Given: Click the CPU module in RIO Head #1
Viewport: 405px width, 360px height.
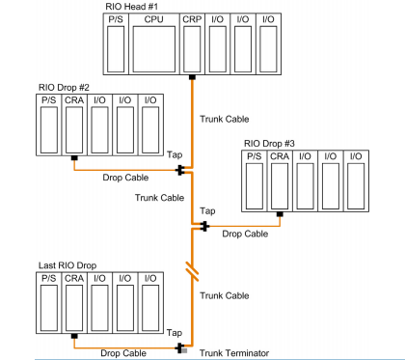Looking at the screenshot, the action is pyautogui.click(x=154, y=44).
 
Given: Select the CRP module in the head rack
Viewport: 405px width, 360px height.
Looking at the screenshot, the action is pyautogui.click(x=192, y=44).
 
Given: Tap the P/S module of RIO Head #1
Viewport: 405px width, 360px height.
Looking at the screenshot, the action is pyautogui.click(x=116, y=44).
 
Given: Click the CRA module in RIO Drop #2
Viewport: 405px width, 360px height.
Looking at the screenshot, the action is pyautogui.click(x=74, y=125).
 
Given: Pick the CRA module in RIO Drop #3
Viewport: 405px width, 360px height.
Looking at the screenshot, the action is pyautogui.click(x=280, y=181).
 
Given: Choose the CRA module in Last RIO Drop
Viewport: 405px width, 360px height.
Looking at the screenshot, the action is pyautogui.click(x=74, y=303).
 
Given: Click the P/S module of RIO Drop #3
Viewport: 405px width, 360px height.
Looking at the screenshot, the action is pyautogui.click(x=255, y=181).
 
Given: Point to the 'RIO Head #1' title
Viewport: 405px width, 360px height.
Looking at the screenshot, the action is pyautogui.click(x=131, y=7).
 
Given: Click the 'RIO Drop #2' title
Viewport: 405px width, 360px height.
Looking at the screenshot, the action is pyautogui.click(x=64, y=87).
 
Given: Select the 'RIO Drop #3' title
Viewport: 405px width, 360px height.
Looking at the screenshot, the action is pyautogui.click(x=269, y=143).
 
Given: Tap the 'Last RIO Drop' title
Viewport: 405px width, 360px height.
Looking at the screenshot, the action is pyautogui.click(x=67, y=265).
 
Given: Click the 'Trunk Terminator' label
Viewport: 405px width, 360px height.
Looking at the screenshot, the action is pyautogui.click(x=234, y=353).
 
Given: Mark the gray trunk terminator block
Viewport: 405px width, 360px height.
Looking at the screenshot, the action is pyautogui.click(x=184, y=350).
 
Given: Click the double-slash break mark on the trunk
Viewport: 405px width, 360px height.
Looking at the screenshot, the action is pyautogui.click(x=192, y=272).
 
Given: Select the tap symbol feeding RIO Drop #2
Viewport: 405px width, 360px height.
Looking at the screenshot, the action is pyautogui.click(x=180, y=170).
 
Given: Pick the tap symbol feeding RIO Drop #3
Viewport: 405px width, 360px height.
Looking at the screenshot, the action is pyautogui.click(x=204, y=226).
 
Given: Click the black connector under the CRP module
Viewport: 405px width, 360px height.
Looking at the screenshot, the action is pyautogui.click(x=192, y=77).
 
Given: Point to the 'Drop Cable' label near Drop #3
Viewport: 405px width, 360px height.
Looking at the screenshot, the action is pyautogui.click(x=245, y=234).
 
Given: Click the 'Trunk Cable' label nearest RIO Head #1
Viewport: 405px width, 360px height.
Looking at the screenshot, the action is pyautogui.click(x=225, y=119).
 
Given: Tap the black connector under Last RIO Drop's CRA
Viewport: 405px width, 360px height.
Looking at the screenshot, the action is pyautogui.click(x=74, y=336).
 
